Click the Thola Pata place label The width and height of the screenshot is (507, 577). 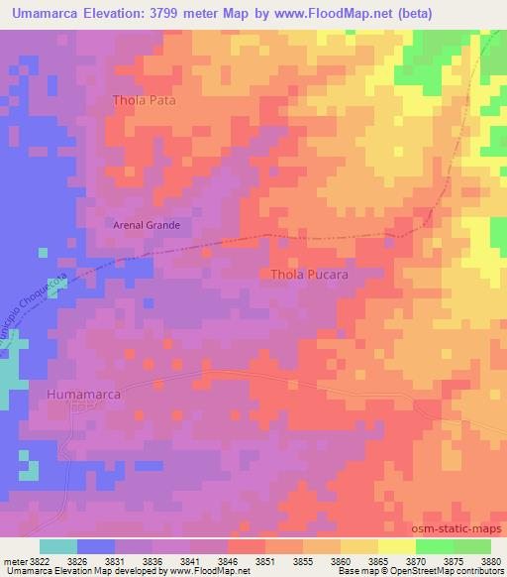tap(145, 100)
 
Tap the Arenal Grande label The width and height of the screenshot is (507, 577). tap(145, 225)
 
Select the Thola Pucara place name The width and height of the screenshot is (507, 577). tap(309, 275)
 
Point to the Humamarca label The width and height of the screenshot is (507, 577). tap(84, 395)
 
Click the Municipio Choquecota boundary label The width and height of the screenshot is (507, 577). tap(36, 309)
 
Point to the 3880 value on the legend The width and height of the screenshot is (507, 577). tap(490, 562)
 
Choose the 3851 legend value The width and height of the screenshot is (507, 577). tap(265, 562)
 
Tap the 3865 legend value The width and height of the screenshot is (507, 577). tap(377, 562)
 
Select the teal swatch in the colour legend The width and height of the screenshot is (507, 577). tap(58, 546)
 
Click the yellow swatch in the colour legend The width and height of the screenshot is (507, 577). tap(397, 546)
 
